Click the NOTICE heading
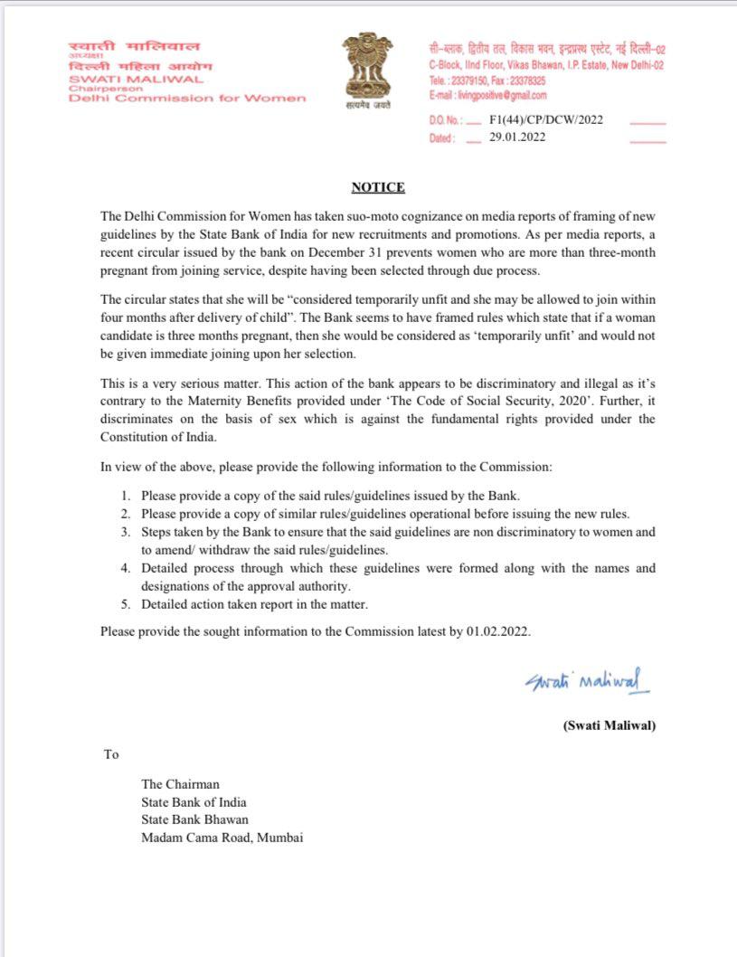pyautogui.click(x=378, y=187)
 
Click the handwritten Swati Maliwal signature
pyautogui.click(x=587, y=680)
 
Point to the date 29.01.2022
pyautogui.click(x=517, y=137)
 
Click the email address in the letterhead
pyautogui.click(x=487, y=95)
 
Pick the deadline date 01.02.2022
pyautogui.click(x=497, y=631)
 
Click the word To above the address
pyautogui.click(x=111, y=753)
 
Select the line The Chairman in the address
pyautogui.click(x=180, y=784)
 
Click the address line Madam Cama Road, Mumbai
pyautogui.click(x=222, y=838)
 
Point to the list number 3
pyautogui.click(x=125, y=532)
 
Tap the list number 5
pyautogui.click(x=125, y=604)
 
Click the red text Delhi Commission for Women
pyautogui.click(x=188, y=98)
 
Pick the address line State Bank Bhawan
pyautogui.click(x=194, y=820)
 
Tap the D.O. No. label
pyautogui.click(x=445, y=120)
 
